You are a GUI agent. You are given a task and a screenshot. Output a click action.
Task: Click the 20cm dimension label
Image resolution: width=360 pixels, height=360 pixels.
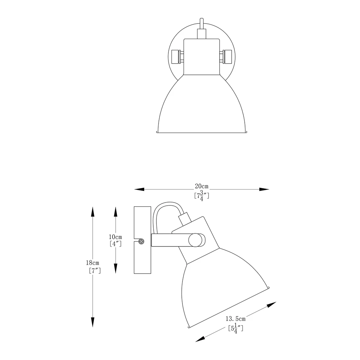pyautogui.click(x=202, y=186)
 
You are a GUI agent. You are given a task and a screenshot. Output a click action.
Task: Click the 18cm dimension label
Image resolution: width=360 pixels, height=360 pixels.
pyautogui.click(x=93, y=263)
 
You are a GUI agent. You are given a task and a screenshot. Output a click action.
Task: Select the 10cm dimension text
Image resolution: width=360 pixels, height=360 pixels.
pyautogui.click(x=116, y=237)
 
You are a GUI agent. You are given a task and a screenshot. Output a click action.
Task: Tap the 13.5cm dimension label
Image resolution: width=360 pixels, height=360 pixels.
pyautogui.click(x=235, y=319)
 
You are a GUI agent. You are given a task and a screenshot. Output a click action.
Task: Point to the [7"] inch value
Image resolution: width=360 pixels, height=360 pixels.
pyautogui.click(x=95, y=271)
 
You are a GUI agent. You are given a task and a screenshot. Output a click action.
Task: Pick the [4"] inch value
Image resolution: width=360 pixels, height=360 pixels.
pyautogui.click(x=116, y=244)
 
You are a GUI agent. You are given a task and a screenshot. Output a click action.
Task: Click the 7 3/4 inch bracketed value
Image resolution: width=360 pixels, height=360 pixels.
pyautogui.click(x=202, y=195)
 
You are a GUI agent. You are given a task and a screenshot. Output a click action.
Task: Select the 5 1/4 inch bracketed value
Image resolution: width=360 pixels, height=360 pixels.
pyautogui.click(x=236, y=329)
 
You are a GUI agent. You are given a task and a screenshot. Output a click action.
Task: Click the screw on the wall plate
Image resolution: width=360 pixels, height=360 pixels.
pyautogui.click(x=141, y=242)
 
